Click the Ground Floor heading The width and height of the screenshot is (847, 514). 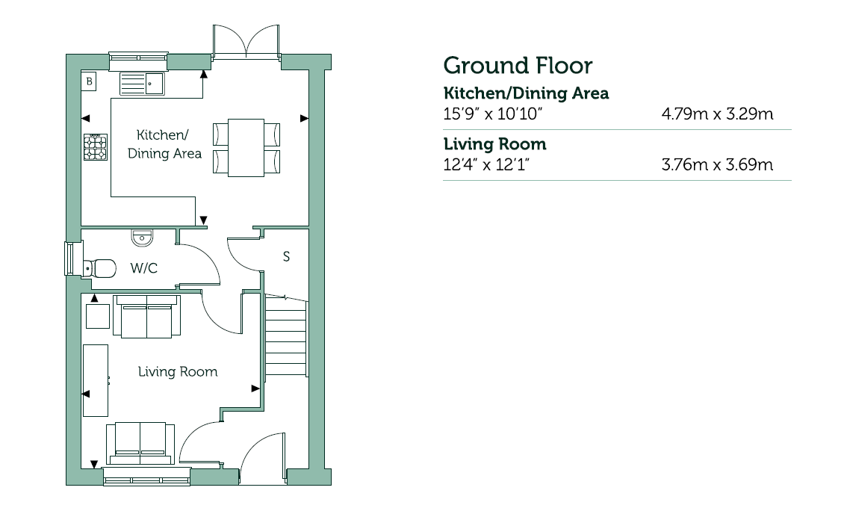518,66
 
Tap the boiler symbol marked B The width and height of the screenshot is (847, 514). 90,81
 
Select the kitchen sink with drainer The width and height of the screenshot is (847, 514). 142,84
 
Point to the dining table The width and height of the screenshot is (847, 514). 246,148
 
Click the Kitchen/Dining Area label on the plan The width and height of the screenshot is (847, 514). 165,144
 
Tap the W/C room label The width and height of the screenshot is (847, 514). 143,268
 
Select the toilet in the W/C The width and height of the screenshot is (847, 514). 101,267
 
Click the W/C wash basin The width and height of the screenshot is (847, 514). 142,238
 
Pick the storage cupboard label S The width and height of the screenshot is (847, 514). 286,257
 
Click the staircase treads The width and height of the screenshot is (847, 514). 286,335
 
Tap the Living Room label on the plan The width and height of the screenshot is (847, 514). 178,372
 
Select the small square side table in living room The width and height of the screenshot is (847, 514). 98,316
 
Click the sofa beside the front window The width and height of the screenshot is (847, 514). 140,443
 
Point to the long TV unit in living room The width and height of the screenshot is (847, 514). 96,380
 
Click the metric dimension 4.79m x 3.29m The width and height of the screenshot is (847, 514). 717,114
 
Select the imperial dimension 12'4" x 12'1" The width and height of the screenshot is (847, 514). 486,164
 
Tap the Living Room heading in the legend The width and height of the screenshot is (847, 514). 494,144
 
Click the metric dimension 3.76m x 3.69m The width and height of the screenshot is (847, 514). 717,164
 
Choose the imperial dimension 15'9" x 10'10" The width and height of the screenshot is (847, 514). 493,114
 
